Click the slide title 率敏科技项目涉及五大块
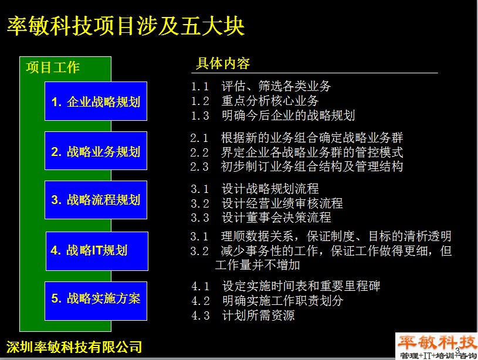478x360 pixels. tap(126, 26)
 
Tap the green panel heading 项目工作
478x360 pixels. tap(53, 67)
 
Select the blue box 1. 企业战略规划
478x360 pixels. tap(96, 101)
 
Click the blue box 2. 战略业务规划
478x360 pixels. tap(96, 151)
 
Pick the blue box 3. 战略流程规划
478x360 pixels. tap(96, 200)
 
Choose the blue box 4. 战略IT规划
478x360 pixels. tap(97, 251)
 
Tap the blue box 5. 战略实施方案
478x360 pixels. tap(96, 301)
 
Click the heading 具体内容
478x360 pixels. tap(222, 63)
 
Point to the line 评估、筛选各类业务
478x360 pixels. tap(276, 86)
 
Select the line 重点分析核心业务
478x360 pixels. tap(270, 101)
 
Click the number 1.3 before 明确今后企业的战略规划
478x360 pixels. tap(200, 116)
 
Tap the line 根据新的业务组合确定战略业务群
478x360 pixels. tap(312, 138)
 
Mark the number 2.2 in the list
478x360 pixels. tap(199, 152)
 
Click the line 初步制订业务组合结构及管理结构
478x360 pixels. tap(312, 167)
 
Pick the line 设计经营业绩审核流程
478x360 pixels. tap(282, 203)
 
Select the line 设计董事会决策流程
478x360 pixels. tap(276, 218)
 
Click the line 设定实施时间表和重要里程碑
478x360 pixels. tap(301, 286)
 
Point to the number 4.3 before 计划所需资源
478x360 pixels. tap(201, 316)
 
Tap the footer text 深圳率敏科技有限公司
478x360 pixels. tap(74, 347)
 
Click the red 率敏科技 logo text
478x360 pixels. tap(437, 342)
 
